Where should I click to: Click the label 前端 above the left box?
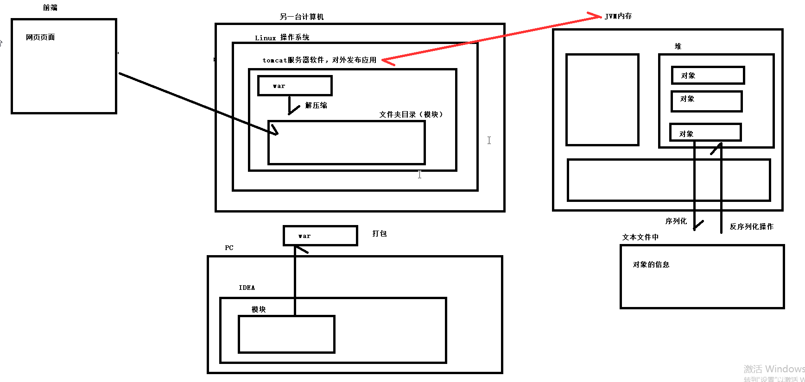pos(50,7)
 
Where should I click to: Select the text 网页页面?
pos(40,37)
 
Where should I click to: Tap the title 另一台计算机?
pos(302,17)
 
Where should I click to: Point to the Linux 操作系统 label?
pos(282,38)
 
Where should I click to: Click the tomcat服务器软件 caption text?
pos(319,60)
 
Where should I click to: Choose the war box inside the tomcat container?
pos(295,86)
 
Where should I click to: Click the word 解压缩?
pos(316,105)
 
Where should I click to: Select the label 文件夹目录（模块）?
pos(411,114)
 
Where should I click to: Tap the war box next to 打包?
pos(320,236)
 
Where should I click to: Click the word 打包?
pos(380,233)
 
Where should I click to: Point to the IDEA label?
pos(247,288)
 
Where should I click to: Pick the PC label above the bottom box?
pos(229,248)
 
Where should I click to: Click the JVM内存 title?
pos(618,16)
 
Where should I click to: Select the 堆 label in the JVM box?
pos(678,46)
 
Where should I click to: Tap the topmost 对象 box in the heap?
pos(708,75)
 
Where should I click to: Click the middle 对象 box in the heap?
pos(706,101)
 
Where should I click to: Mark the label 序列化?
pos(676,221)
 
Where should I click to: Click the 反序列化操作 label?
pos(751,226)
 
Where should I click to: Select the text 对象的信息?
pos(651,264)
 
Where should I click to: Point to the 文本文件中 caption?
pos(640,237)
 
